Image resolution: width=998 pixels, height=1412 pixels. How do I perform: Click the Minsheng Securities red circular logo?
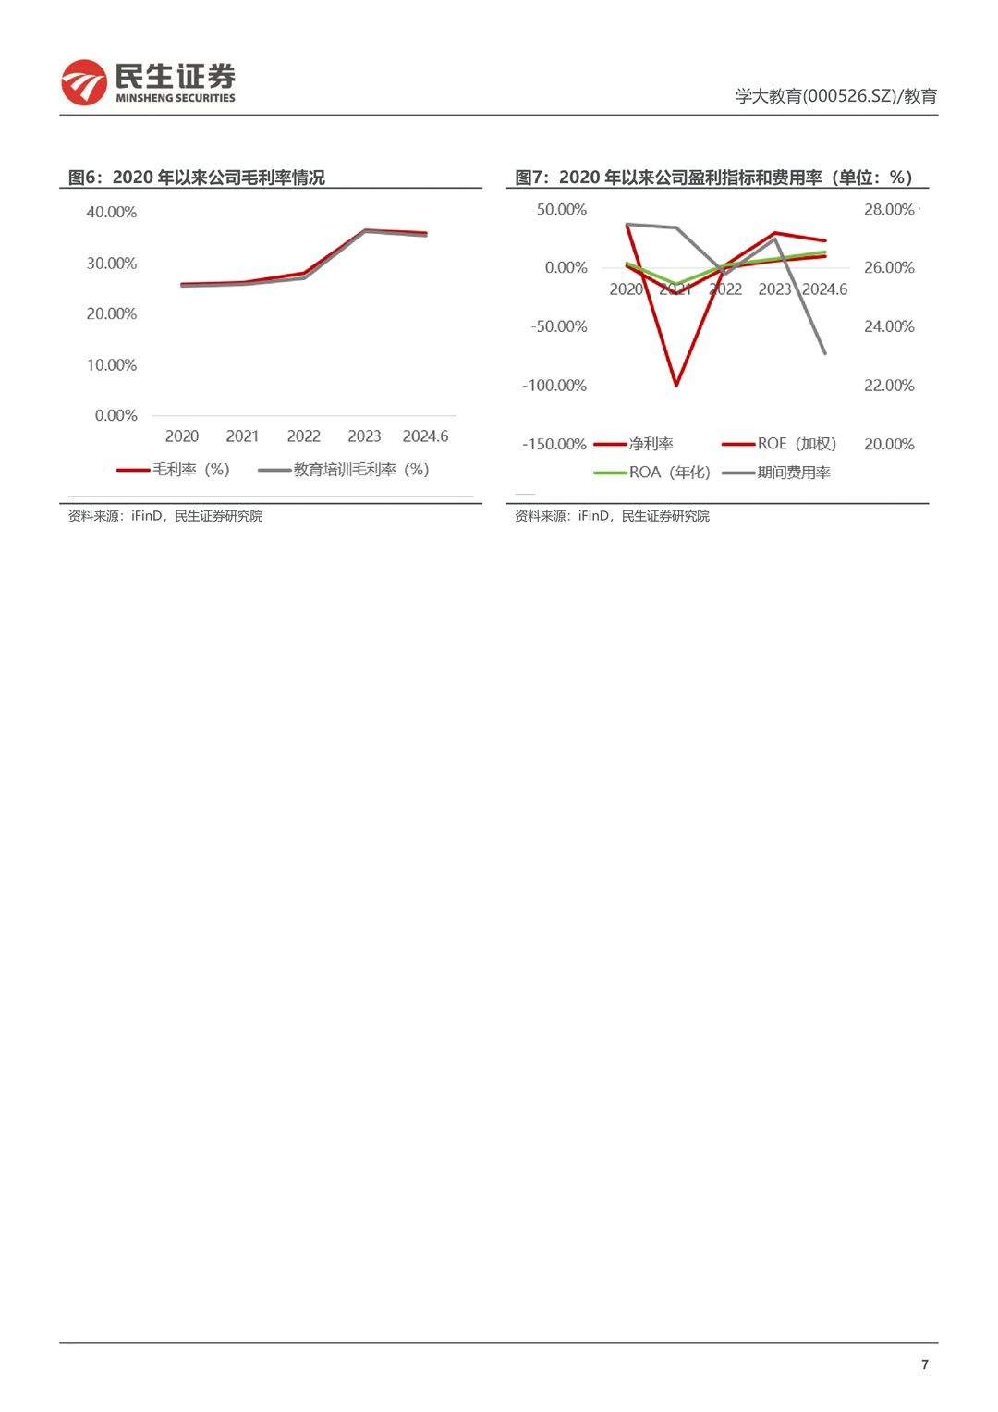point(84,82)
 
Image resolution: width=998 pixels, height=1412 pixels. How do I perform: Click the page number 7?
point(924,1365)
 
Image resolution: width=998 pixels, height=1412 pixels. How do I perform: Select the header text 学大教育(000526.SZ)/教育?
point(836,96)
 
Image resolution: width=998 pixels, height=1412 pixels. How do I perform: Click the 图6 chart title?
point(196,178)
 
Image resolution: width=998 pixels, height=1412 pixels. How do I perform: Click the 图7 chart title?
point(713,178)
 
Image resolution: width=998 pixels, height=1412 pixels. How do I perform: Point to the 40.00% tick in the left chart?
point(112,212)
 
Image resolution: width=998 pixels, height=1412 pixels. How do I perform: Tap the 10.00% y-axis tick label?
point(112,365)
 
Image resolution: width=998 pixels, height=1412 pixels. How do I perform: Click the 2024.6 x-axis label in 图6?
point(425,436)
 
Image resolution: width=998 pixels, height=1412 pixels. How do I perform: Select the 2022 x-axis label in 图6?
point(304,436)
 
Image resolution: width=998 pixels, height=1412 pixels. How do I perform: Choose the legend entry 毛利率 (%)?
point(174,470)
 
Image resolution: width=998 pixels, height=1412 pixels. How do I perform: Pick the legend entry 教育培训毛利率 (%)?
point(344,470)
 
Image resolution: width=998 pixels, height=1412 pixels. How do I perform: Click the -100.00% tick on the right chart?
point(554,386)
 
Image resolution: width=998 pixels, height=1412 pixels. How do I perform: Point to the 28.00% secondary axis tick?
point(889,209)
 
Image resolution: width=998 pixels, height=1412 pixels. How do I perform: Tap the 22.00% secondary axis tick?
point(889,386)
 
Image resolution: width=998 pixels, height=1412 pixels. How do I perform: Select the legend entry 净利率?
point(633,444)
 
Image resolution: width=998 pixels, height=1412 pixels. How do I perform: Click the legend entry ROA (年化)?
point(652,473)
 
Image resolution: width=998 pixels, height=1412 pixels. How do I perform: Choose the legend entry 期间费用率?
point(776,473)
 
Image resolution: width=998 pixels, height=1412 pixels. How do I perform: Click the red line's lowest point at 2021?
point(676,385)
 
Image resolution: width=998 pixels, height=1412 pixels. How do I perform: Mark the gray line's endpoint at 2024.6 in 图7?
point(825,353)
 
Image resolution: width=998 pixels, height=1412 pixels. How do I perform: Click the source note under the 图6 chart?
point(165,516)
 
